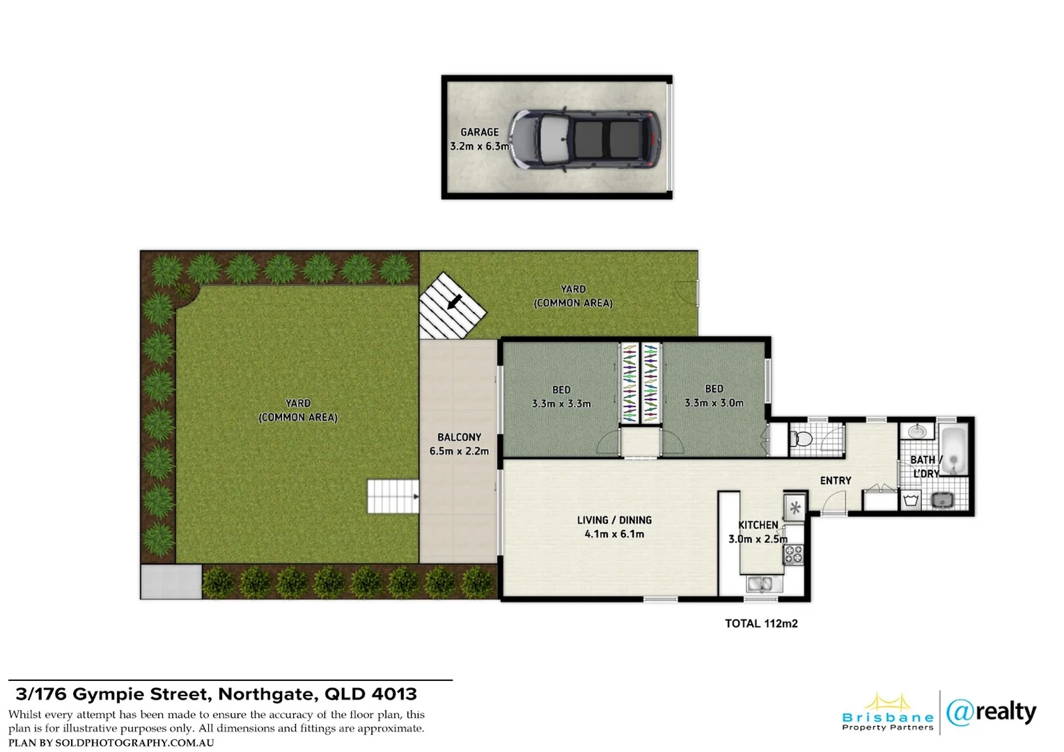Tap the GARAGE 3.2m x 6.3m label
coord(480,139)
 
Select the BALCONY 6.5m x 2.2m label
coord(459,444)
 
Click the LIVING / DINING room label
coord(614,527)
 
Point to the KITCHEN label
coord(758,525)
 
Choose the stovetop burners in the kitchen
coord(794,554)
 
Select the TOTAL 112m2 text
coord(761,624)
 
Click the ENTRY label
coord(836,480)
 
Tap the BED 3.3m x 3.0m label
coord(714,395)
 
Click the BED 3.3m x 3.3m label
coord(561,396)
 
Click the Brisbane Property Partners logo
coord(888,713)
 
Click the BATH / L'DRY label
coord(926,466)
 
